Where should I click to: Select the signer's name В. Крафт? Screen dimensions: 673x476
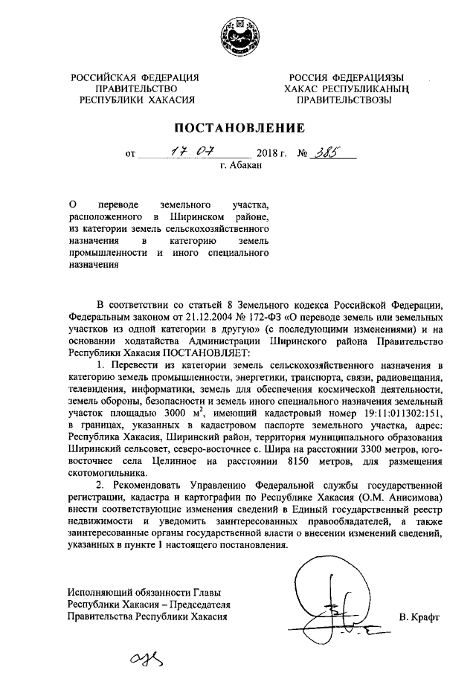pyautogui.click(x=419, y=617)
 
